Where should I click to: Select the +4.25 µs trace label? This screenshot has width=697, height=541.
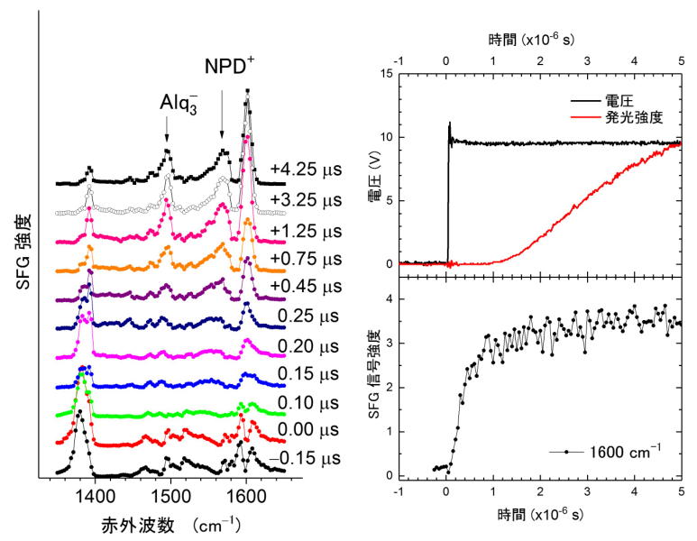(x=306, y=167)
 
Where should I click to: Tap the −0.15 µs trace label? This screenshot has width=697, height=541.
(x=307, y=459)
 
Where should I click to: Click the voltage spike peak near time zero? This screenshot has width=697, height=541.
(x=449, y=123)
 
